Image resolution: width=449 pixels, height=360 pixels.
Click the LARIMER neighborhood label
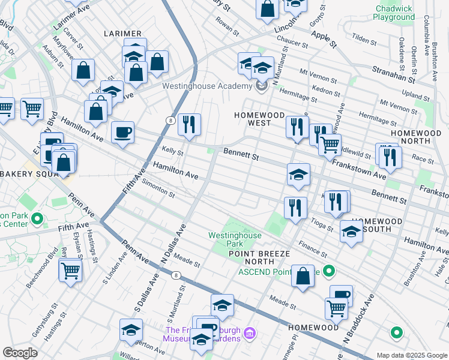tap(122, 34)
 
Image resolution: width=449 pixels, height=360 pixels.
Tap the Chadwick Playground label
tap(394, 13)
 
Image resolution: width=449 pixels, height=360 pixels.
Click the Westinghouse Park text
tap(235, 239)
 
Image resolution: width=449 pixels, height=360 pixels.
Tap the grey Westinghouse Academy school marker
tap(261, 86)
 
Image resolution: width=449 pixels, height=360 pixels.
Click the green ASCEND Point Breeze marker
tap(328, 272)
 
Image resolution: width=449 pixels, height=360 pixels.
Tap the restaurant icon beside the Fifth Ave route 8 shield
tap(189, 125)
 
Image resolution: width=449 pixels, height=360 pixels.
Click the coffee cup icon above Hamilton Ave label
tap(122, 132)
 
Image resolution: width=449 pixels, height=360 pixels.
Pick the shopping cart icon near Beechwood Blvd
tap(70, 271)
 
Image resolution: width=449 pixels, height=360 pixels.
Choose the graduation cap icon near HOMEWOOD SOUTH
tap(351, 232)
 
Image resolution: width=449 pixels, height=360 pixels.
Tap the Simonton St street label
tap(158, 191)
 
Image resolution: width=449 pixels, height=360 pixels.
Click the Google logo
tap(20, 353)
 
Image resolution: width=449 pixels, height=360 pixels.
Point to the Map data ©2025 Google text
tap(411, 355)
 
